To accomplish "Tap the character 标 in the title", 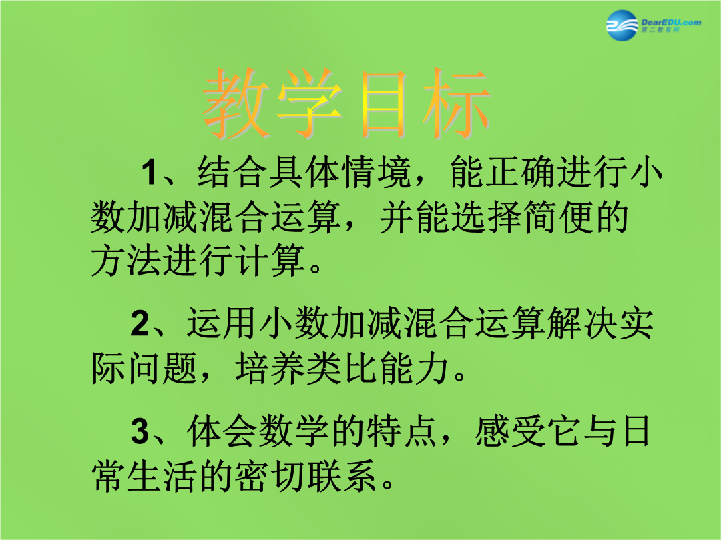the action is point(456,103).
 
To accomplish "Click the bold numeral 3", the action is point(140,431).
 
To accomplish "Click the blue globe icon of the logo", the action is point(622,25).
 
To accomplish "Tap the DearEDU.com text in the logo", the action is point(671,22).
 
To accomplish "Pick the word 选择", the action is point(486,217).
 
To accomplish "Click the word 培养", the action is point(270,368).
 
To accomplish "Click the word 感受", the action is point(510,431).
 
